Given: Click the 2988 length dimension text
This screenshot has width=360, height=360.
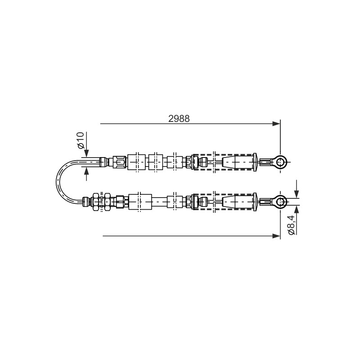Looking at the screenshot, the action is (179, 118).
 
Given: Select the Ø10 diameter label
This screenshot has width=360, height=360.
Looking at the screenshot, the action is (81, 140).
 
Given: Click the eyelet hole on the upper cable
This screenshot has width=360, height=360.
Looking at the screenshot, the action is (280, 162).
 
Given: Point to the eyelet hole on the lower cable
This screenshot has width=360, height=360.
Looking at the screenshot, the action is (280, 202).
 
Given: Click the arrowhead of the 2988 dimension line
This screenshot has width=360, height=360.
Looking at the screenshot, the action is (276, 124).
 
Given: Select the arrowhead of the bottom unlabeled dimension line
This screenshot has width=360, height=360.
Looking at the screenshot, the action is (276, 236).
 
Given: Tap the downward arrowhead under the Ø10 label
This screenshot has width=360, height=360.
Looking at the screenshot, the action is (86, 153).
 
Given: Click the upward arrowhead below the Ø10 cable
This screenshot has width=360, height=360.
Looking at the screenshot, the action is (86, 171).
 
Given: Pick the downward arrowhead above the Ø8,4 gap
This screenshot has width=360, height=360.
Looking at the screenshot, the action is (297, 194).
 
